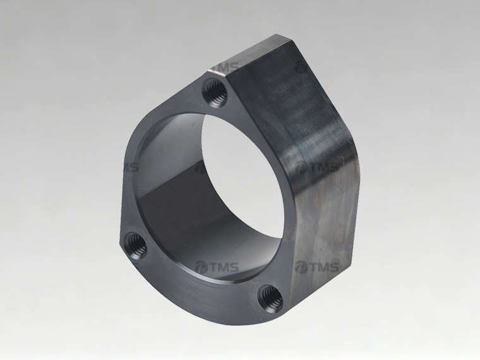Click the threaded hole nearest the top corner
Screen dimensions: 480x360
coord(215,92)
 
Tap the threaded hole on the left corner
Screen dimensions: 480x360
coord(136,246)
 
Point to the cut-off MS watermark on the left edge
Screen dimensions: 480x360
coord(131,167)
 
